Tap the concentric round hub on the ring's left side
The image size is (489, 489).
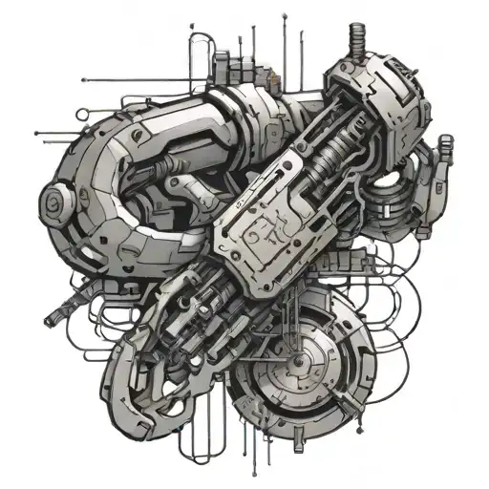point(54,202)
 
